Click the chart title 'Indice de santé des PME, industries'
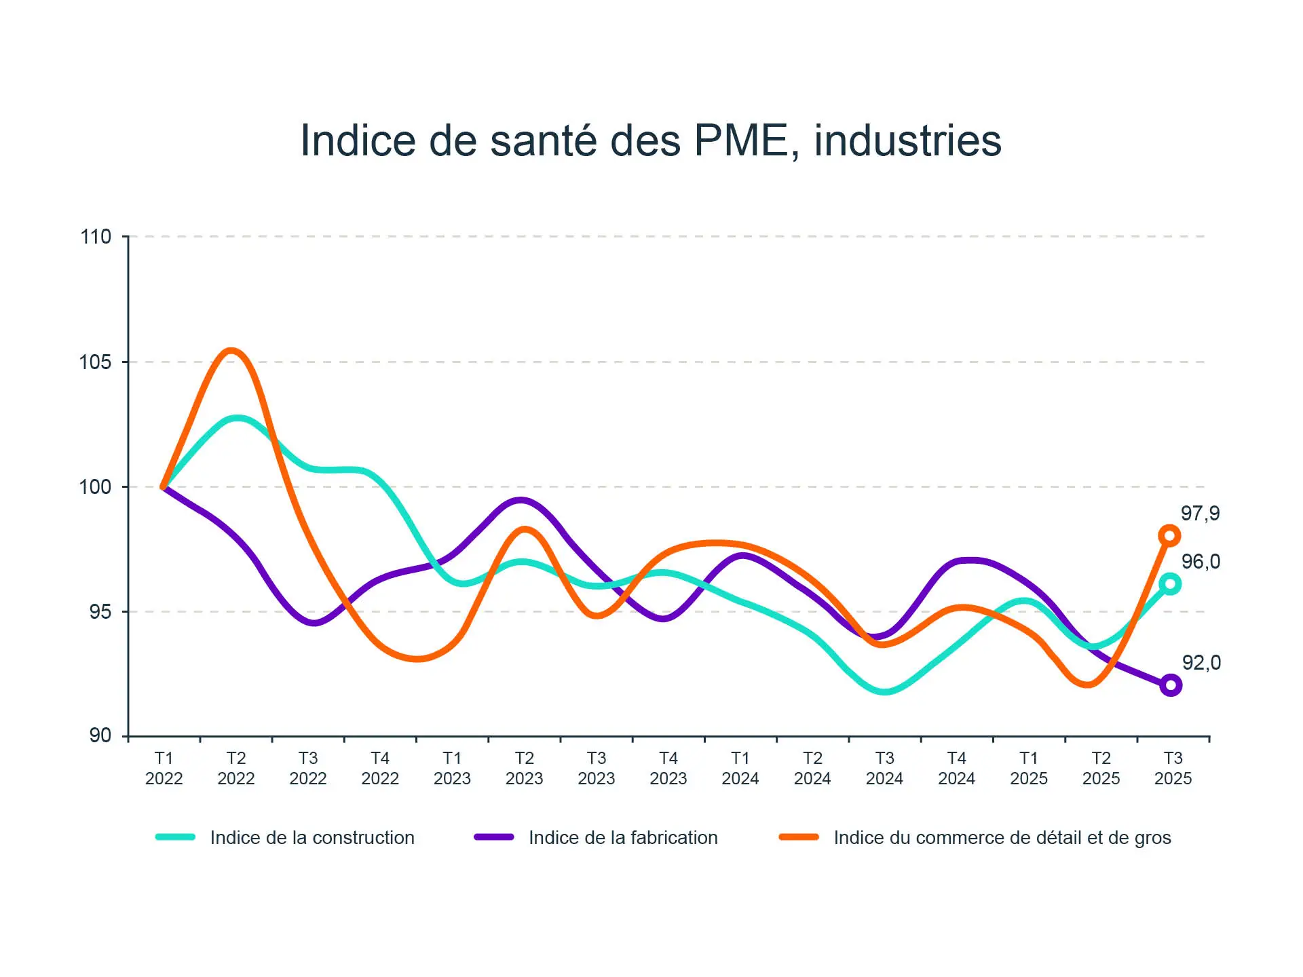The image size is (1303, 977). pyautogui.click(x=651, y=140)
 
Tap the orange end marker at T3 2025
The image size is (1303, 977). pyautogui.click(x=1169, y=536)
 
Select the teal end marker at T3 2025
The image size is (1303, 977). pyautogui.click(x=1169, y=583)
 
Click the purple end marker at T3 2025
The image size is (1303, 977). pyautogui.click(x=1170, y=685)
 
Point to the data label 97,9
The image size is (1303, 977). pyautogui.click(x=1200, y=514)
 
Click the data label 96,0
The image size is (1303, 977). pyautogui.click(x=1201, y=562)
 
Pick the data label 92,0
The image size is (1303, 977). pyautogui.click(x=1201, y=663)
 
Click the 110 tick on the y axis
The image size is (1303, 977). pyautogui.click(x=96, y=237)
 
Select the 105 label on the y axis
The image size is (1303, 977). pyautogui.click(x=96, y=362)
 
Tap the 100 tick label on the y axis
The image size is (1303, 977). pyautogui.click(x=96, y=486)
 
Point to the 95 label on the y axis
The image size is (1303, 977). pyautogui.click(x=100, y=611)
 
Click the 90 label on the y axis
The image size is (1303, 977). pyautogui.click(x=100, y=735)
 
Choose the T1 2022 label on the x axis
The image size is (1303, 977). pyautogui.click(x=164, y=768)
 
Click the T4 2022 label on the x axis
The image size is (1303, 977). pyautogui.click(x=380, y=768)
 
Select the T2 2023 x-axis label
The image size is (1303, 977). pyautogui.click(x=524, y=768)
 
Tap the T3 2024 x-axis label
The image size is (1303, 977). pyautogui.click(x=884, y=768)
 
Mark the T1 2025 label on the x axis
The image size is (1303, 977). pyautogui.click(x=1028, y=768)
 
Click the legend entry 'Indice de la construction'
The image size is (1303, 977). pyautogui.click(x=312, y=838)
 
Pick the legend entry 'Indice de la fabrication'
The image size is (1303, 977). pyautogui.click(x=623, y=838)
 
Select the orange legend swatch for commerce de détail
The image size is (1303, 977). pyautogui.click(x=799, y=837)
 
